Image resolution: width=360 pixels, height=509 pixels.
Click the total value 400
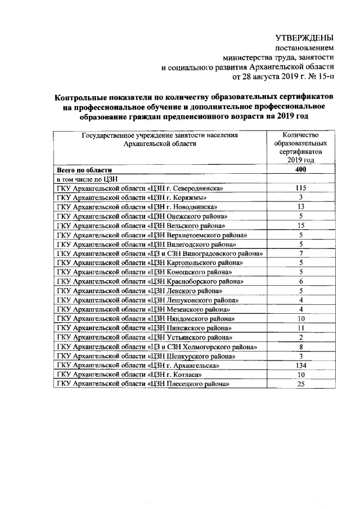300,170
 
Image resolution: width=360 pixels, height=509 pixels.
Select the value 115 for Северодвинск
300,188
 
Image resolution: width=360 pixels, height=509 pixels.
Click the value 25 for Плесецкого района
300,384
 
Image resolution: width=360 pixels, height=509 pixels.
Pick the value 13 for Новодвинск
300,207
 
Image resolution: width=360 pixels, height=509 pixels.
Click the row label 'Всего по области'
84,170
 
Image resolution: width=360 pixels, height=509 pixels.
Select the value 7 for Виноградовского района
301,254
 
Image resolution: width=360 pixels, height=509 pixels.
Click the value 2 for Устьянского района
301,337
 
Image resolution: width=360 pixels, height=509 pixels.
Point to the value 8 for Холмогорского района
301,347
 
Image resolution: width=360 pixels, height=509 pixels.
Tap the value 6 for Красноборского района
301,282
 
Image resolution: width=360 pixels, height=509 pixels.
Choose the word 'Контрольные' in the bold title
84,96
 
